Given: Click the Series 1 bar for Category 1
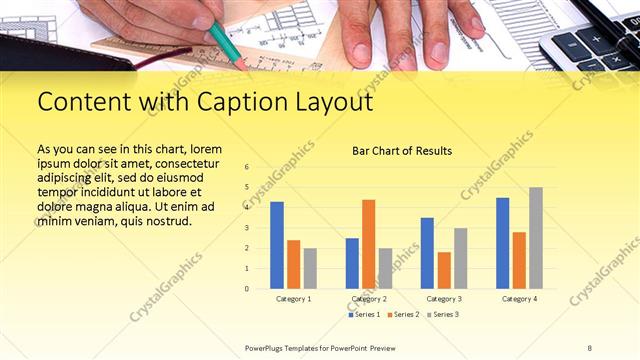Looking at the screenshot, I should pos(277,245).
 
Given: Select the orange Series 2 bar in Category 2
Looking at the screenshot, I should pos(368,244).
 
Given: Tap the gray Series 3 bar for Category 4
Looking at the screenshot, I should pos(536,238).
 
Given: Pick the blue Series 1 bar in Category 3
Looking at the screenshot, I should pos(427,253).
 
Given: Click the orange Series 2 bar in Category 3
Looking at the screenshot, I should pos(444,270).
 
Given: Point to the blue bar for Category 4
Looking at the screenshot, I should pos(502,243).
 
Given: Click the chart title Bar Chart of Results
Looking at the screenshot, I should pos(402,151).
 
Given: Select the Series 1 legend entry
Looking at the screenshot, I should pos(364,315).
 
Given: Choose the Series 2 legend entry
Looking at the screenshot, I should pos(403,315).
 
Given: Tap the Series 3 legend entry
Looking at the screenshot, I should pos(442,315).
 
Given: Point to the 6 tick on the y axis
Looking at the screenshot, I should pos(247,167).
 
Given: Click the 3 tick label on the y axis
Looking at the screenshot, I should pos(247,228).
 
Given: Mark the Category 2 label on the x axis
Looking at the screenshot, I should pos(368,299).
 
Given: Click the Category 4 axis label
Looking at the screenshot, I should pos(519,299).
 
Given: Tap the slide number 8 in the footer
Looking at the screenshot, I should pos(589,347).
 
